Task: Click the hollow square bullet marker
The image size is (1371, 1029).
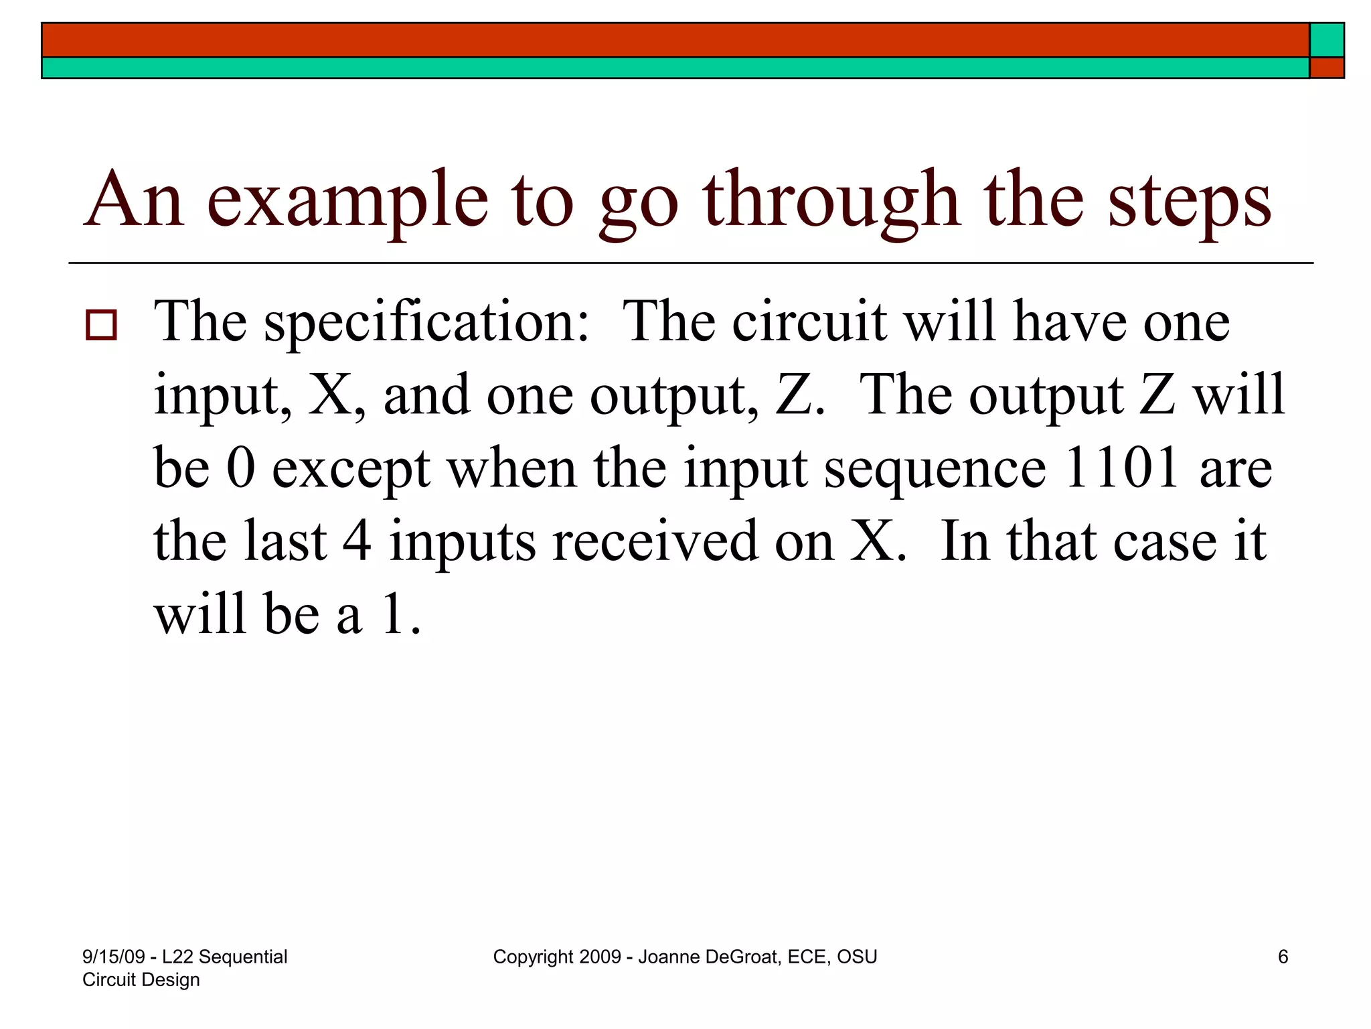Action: coord(101,326)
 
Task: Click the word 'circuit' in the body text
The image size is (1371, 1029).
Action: coord(809,322)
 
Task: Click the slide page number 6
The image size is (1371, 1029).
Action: coord(1283,957)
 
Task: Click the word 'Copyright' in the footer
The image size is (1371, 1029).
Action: coord(533,957)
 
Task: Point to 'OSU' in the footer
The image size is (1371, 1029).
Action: coord(857,957)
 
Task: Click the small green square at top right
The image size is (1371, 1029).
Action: coord(1327,40)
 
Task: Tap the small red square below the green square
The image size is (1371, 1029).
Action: coord(1327,68)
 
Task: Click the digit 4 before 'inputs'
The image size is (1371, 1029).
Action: coord(357,541)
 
